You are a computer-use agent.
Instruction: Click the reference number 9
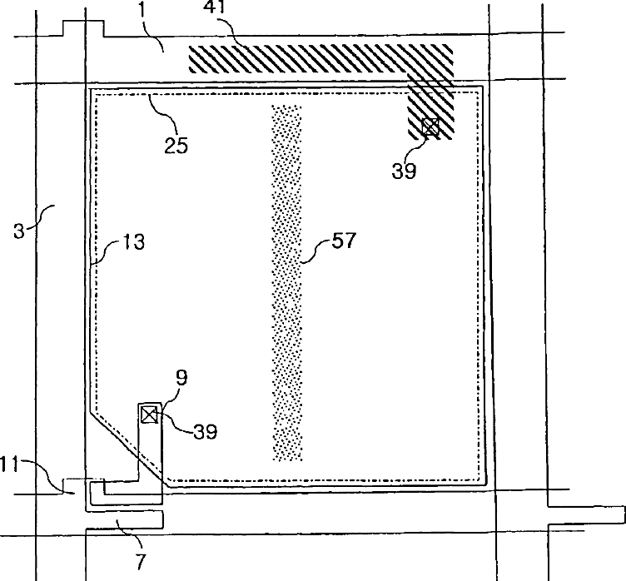pos(181,379)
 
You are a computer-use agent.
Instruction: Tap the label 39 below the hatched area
pos(405,171)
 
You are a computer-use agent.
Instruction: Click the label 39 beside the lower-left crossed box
pos(205,431)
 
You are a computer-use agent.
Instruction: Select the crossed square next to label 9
pos(149,414)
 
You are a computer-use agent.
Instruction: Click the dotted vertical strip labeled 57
pos(286,283)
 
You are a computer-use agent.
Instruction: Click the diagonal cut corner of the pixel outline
pos(125,446)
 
